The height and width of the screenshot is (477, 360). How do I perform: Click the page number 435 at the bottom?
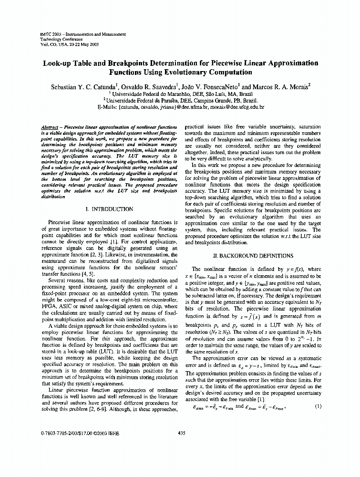pyautogui.click(x=181, y=433)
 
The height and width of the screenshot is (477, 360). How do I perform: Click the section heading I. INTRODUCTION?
pyautogui.click(x=109, y=209)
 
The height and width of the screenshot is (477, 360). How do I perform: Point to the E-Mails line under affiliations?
pyautogui.click(x=180, y=107)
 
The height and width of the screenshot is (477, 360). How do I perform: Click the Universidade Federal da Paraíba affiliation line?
pyautogui.click(x=182, y=101)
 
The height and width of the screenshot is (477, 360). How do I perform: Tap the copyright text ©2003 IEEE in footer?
pyautogui.click(x=108, y=433)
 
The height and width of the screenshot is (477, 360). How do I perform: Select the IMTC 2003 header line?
pyautogui.click(x=83, y=34)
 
